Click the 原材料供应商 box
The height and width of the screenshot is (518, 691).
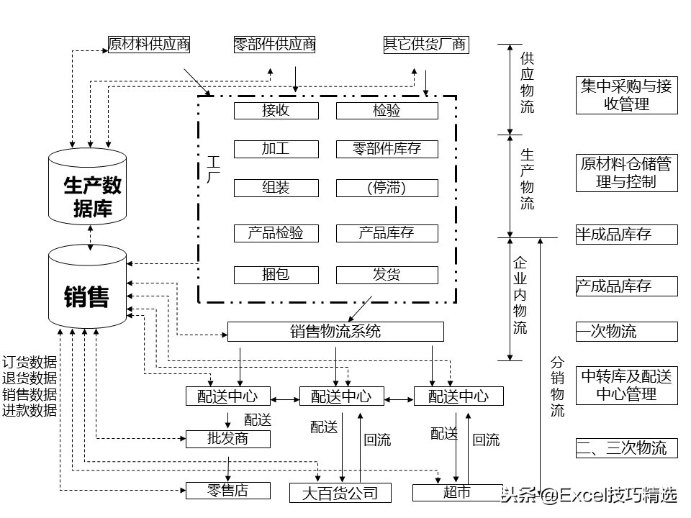tap(149, 44)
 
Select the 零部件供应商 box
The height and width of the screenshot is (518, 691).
tap(275, 44)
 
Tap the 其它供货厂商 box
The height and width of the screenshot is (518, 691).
tap(425, 44)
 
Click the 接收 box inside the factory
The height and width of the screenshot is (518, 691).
tap(276, 110)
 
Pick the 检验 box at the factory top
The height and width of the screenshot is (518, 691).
tap(387, 110)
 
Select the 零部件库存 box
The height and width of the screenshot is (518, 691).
tap(387, 149)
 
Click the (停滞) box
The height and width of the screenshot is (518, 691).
tap(387, 188)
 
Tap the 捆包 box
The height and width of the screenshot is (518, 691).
tap(276, 274)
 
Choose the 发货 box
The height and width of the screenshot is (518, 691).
tap(387, 274)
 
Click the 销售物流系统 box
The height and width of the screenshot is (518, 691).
tap(335, 331)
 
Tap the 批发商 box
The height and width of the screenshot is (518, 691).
tap(228, 438)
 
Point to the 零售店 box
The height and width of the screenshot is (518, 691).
tap(228, 491)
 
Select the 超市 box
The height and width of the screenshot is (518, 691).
tap(456, 492)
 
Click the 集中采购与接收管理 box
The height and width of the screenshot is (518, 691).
tap(626, 95)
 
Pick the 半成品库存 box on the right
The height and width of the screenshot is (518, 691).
tap(626, 234)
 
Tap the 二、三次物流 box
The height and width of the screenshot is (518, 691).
tap(626, 448)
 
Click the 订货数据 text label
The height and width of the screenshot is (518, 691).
tap(30, 362)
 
